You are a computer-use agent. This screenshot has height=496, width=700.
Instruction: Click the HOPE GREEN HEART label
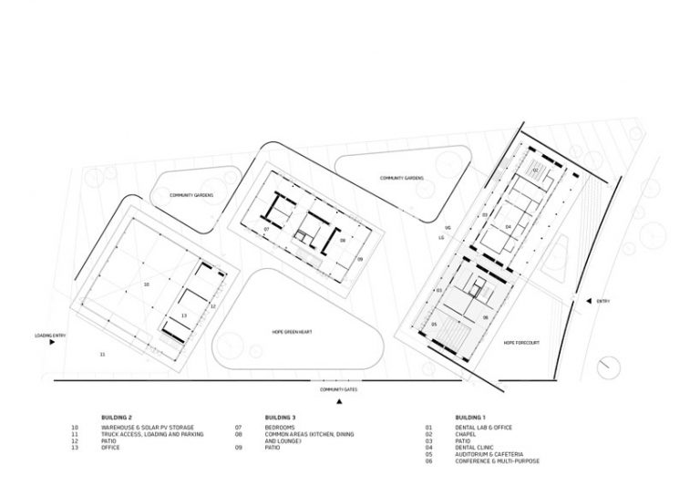[x=292, y=334]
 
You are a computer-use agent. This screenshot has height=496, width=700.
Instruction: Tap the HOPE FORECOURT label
[x=522, y=344]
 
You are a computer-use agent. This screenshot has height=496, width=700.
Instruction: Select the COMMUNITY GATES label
[x=337, y=389]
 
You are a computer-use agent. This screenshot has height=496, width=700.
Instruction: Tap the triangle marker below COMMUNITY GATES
[x=338, y=401]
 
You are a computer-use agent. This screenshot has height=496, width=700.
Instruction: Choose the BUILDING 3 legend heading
[x=278, y=417]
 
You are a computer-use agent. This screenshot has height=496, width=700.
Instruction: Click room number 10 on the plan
[x=145, y=285]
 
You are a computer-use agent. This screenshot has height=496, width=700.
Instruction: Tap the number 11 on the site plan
[x=102, y=354]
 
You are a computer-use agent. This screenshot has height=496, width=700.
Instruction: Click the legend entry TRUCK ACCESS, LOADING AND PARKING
[x=154, y=433]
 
